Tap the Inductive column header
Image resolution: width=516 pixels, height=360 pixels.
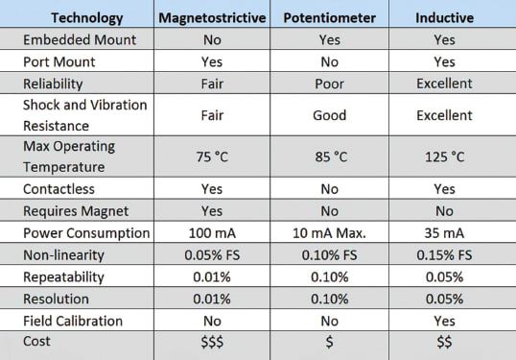(x=444, y=18)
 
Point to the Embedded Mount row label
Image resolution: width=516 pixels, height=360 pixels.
(x=79, y=40)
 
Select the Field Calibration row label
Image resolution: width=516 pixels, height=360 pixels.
(x=73, y=321)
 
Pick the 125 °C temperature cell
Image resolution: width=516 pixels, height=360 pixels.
(x=444, y=156)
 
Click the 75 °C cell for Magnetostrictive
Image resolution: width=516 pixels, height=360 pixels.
(x=212, y=156)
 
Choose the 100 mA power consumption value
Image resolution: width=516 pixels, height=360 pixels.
(x=212, y=233)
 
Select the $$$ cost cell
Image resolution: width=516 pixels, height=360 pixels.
(x=212, y=343)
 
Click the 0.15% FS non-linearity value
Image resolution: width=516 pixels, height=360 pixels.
(x=444, y=255)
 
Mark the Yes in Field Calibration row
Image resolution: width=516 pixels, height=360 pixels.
(x=444, y=321)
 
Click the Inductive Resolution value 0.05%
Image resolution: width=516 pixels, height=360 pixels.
(x=444, y=299)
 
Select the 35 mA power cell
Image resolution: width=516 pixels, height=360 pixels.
(x=444, y=233)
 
